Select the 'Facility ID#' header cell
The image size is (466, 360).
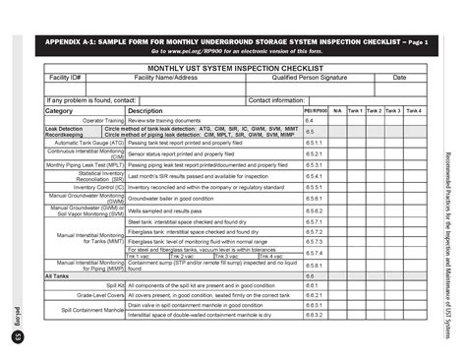[66, 78]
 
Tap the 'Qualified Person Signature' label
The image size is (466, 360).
[310, 78]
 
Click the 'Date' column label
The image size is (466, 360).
[399, 78]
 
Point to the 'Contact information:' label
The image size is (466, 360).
[276, 100]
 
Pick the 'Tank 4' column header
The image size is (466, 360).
[414, 111]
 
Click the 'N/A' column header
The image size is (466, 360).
[336, 111]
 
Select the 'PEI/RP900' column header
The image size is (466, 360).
[315, 111]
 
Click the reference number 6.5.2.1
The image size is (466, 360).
[314, 153]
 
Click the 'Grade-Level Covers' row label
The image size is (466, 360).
[100, 295]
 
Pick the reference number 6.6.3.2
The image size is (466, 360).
[314, 315]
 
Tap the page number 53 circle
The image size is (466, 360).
[18, 337]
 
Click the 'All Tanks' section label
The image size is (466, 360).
[58, 275]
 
